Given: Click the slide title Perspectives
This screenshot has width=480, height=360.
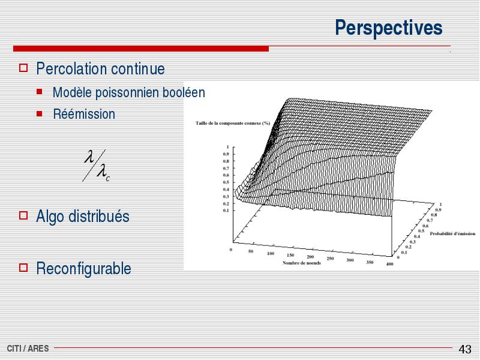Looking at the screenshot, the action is [388, 28].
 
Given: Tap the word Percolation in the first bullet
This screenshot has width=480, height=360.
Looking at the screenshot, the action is [72, 68].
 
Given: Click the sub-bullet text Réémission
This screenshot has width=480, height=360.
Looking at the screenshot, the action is [84, 114].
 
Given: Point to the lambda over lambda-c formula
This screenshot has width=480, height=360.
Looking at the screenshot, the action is [96, 166].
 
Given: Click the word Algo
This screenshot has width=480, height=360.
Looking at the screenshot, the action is [50, 217].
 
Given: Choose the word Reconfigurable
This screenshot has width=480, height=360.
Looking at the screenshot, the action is [83, 268].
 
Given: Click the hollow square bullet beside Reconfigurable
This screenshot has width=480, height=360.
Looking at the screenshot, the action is [23, 268].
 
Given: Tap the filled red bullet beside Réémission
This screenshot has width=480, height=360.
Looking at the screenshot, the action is [39, 114].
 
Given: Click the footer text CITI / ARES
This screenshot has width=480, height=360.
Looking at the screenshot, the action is [28, 349].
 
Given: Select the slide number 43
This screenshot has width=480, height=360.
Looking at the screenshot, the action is [464, 349].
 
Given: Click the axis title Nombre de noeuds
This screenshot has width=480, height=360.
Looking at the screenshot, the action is [302, 263].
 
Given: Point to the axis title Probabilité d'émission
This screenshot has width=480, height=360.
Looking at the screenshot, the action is [452, 233].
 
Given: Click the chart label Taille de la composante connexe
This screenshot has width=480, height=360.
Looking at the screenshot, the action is [233, 123].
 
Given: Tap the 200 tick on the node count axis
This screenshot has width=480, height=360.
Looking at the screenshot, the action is [310, 257].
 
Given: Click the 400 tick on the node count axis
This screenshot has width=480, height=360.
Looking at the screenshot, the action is [389, 264].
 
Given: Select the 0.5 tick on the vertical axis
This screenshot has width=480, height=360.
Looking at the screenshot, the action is [226, 182].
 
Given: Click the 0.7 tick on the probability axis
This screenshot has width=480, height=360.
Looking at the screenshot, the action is [430, 220].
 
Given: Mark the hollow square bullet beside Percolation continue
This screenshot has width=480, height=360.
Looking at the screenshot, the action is [23, 68].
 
